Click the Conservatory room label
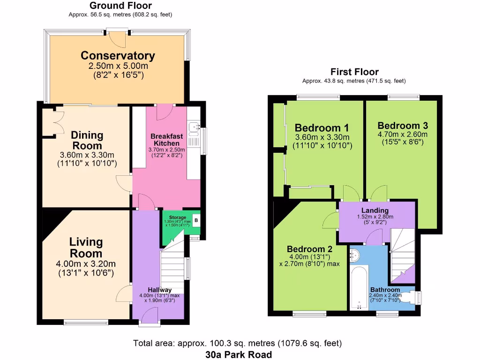coord(118,55)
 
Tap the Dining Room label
coord(87,140)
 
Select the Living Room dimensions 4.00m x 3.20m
coord(86,263)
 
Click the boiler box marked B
coord(196,220)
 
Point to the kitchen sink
coord(194,127)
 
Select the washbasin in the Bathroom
coord(354,255)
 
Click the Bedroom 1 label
coord(322,128)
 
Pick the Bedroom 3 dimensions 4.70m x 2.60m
coord(403,134)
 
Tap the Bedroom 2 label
coord(309,249)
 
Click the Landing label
coord(375,210)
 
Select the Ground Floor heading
coord(120,6)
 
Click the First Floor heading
coord(354,72)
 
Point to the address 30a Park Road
coord(239,354)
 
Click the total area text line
coord(238,343)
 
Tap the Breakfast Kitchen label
coord(166,140)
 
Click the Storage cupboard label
coord(178,217)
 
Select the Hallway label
coord(160,290)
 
